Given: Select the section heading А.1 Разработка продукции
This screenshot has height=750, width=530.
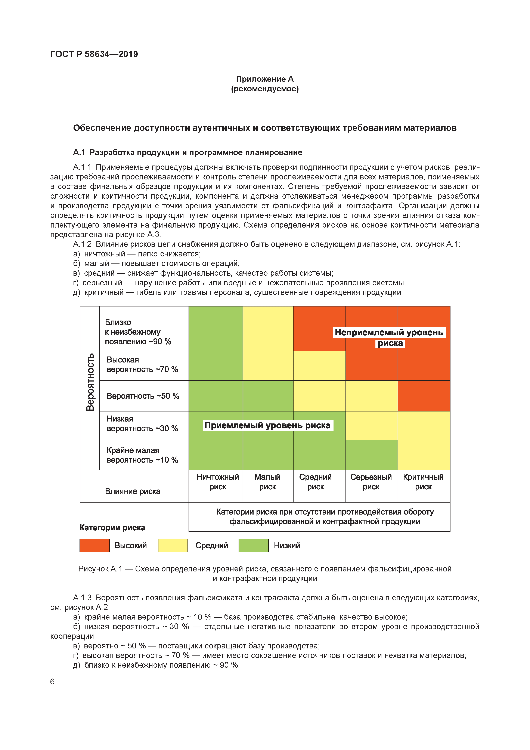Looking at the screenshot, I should coord(187,152).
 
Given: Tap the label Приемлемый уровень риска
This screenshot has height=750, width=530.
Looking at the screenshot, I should coord(267,425).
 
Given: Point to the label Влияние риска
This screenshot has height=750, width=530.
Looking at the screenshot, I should coord(133,491).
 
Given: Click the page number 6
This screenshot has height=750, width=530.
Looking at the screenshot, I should coord(52,681).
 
